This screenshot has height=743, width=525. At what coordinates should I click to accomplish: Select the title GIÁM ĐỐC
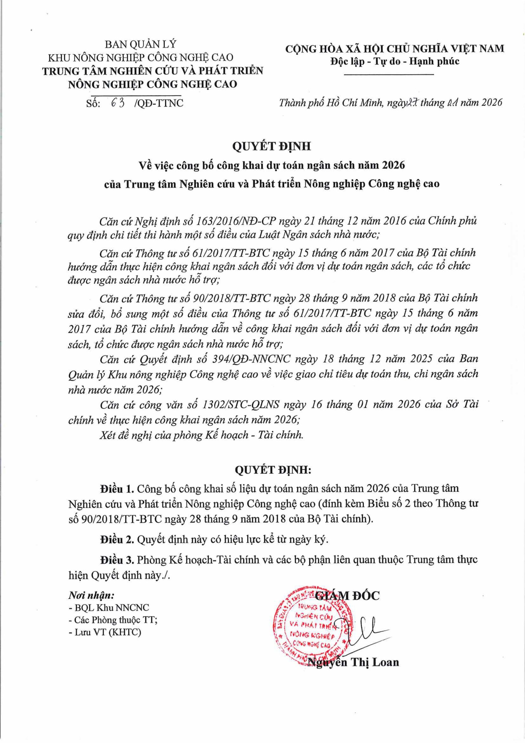(347, 596)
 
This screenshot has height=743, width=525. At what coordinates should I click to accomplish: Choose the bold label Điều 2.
(117, 539)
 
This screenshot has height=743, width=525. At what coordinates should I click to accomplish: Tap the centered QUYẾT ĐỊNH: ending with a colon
(273, 470)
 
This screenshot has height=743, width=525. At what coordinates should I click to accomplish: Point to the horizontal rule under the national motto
(389, 75)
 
